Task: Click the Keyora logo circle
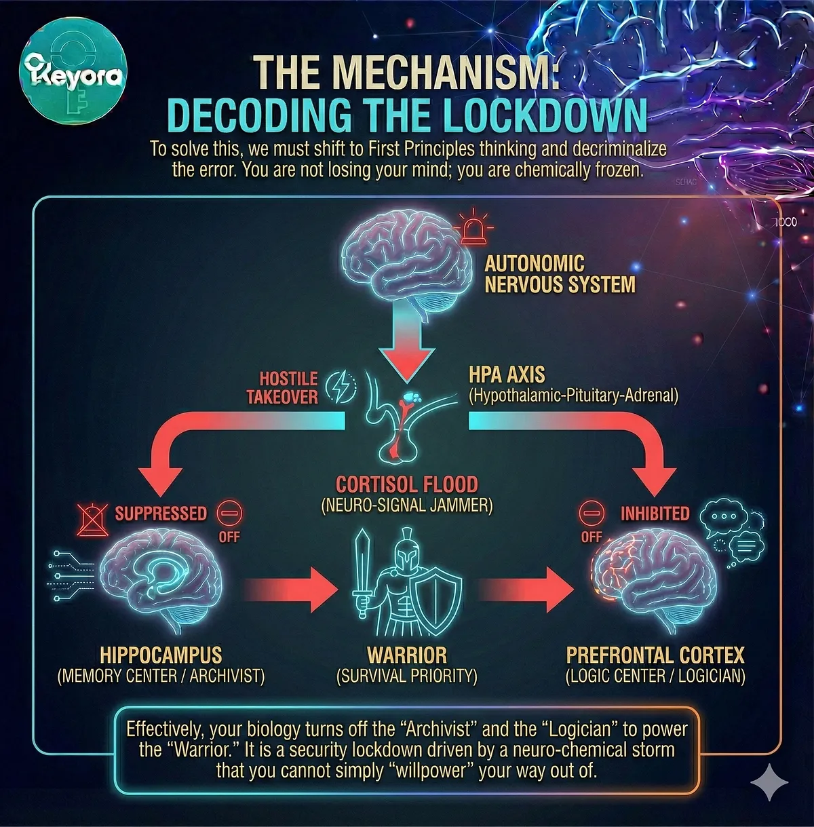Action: click(73, 75)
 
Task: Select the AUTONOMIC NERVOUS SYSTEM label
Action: click(560, 273)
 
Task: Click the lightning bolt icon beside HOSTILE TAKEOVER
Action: click(340, 387)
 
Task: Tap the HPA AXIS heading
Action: click(507, 374)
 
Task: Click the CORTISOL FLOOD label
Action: click(407, 484)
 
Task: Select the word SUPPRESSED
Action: click(161, 513)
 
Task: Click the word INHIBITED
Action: click(655, 514)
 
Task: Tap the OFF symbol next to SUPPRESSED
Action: click(229, 514)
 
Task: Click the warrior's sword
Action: click(363, 573)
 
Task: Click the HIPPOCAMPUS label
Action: click(161, 655)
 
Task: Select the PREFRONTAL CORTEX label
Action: click(655, 655)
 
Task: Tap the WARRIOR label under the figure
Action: click(407, 655)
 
